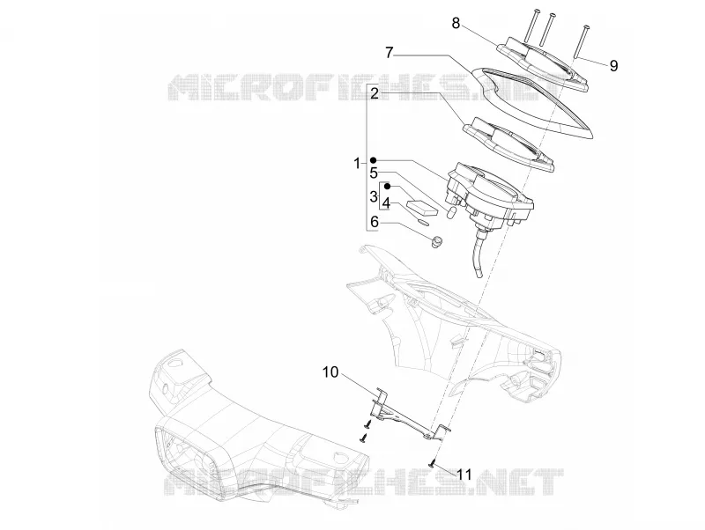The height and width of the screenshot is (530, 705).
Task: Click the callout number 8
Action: (456, 24)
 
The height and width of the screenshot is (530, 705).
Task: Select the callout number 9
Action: (613, 66)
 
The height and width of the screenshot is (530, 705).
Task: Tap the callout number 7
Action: (390, 53)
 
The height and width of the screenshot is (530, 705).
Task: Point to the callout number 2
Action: (375, 93)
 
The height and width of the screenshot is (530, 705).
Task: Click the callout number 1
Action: (358, 164)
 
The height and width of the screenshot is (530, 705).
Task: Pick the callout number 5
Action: (374, 173)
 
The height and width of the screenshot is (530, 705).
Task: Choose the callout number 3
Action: (374, 196)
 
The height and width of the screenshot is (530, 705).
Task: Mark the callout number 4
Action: (385, 203)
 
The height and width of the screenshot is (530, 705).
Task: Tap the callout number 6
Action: (375, 222)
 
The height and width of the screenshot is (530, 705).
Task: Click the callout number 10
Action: (330, 372)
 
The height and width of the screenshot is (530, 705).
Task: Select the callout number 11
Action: (464, 475)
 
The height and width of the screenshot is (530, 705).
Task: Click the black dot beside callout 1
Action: (373, 160)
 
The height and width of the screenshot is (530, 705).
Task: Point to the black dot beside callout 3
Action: (387, 186)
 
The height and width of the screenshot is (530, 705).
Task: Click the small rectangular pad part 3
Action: (422, 206)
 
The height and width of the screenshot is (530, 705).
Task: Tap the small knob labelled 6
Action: (436, 241)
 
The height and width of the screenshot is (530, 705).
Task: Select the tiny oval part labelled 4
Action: (424, 221)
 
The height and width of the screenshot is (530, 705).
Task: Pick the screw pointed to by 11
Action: (433, 462)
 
